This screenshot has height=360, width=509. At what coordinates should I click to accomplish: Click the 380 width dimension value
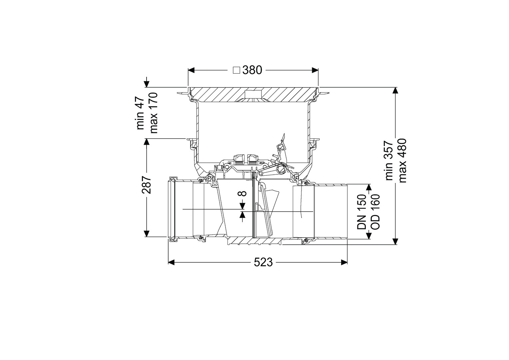pyautogui.click(x=252, y=70)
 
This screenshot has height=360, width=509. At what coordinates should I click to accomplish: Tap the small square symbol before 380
pyautogui.click(x=237, y=70)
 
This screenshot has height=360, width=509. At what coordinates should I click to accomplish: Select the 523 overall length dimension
pyautogui.click(x=263, y=262)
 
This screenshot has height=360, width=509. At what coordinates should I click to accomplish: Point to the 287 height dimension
pyautogui.click(x=147, y=185)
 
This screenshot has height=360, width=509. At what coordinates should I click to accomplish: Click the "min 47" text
pyautogui.click(x=141, y=113)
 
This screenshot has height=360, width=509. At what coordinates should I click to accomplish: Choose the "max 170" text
pyautogui.click(x=154, y=113)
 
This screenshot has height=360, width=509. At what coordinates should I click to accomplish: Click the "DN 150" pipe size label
pyautogui.click(x=361, y=211)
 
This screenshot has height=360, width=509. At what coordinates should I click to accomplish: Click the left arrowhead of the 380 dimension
pyautogui.click(x=191, y=70)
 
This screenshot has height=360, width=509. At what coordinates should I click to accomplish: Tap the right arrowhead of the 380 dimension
pyautogui.click(x=315, y=70)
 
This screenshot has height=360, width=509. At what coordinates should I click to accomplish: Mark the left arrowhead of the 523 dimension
pyautogui.click(x=171, y=262)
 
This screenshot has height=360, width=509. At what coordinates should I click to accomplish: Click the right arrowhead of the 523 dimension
pyautogui.click(x=344, y=262)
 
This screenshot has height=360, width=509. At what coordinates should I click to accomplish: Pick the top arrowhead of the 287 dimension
pyautogui.click(x=147, y=142)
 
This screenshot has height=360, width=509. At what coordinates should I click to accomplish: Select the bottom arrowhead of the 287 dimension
pyautogui.click(x=147, y=234)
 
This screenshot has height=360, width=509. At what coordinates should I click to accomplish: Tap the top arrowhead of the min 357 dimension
pyautogui.click(x=396, y=91)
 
